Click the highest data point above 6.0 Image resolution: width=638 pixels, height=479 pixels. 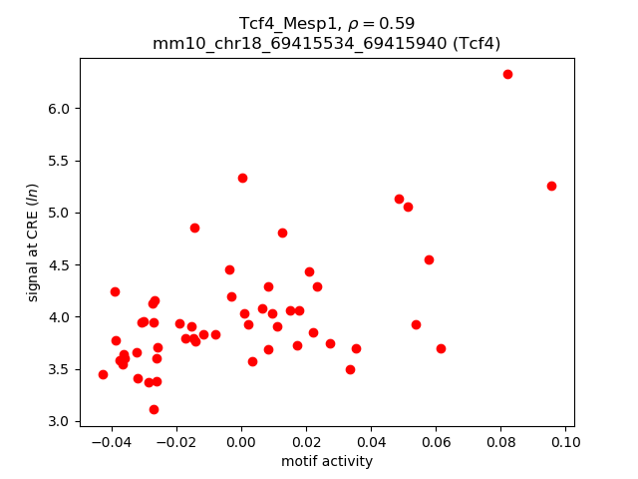coord(507,74)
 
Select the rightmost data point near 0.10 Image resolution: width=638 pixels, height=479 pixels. coord(551,186)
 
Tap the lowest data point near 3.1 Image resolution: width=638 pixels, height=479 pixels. coord(154,409)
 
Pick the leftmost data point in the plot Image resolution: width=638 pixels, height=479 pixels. coord(103,374)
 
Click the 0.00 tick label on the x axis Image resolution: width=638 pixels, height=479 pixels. coord(241,442)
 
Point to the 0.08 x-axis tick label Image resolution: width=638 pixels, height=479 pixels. coord(500,442)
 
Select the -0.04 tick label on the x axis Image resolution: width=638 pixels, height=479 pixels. coord(108,442)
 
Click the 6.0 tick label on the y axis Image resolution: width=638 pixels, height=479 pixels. coord(58,109)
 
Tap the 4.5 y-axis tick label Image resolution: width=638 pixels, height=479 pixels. coord(58,265)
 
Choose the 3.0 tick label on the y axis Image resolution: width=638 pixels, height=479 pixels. coord(58,422)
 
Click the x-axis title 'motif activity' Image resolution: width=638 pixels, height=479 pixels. coord(327,461)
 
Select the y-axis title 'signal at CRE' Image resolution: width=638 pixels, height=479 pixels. coord(33,242)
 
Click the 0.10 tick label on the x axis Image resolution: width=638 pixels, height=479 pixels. coord(565,442)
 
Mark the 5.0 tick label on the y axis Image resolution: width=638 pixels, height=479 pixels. coord(58,213)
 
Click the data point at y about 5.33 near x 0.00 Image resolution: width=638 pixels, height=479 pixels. coord(242,178)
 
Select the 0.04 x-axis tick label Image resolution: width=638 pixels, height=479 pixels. coord(371,442)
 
